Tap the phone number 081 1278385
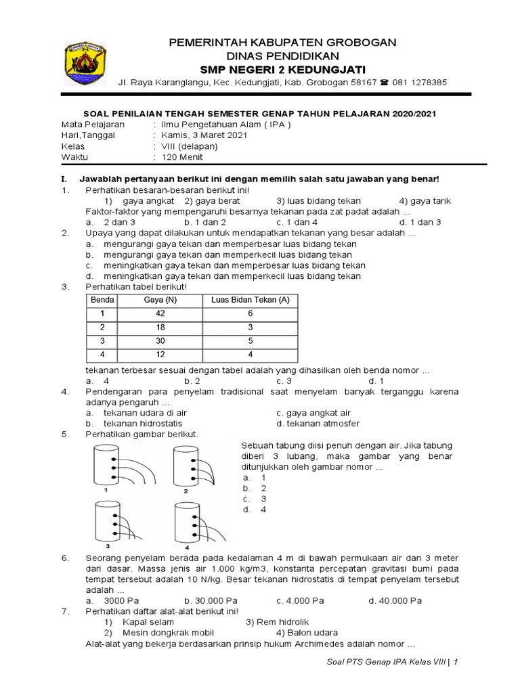(x=418, y=83)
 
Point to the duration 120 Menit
(x=181, y=157)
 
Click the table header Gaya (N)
(x=160, y=300)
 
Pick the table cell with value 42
(x=160, y=313)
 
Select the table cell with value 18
(x=160, y=327)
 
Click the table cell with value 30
(x=160, y=341)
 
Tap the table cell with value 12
(x=160, y=355)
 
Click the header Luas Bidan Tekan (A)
(x=250, y=300)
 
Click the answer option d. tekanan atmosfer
(x=318, y=424)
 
